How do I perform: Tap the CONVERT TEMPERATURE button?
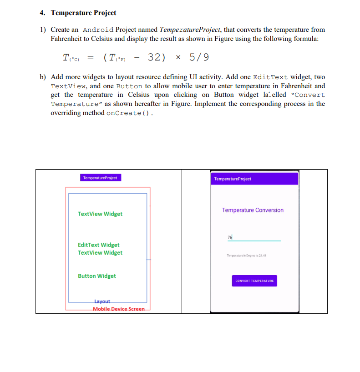tap(254, 281)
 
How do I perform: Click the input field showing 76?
tap(254, 237)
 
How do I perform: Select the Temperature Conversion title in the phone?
tap(253, 210)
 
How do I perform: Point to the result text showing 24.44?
tap(246, 256)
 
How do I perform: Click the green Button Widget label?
tap(97, 276)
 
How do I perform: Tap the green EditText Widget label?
tap(99, 245)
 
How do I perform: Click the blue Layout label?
tap(102, 302)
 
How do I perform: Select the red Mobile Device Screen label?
tap(118, 309)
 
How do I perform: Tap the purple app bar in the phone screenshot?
tap(254, 179)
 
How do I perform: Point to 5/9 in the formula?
tap(199, 57)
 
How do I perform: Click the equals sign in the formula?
tap(91, 58)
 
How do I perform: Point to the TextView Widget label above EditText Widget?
tap(100, 214)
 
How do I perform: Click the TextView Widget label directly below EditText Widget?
tap(100, 253)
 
